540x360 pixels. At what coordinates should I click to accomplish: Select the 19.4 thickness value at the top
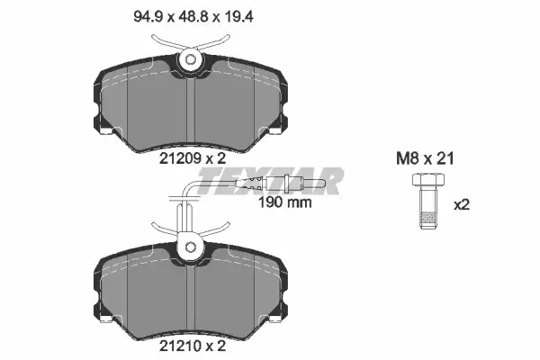[x=239, y=16]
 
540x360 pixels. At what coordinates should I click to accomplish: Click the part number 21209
[x=181, y=158]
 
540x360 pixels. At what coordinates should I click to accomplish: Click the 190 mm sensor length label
[x=285, y=202]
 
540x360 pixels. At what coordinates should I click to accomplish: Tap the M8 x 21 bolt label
[x=425, y=158]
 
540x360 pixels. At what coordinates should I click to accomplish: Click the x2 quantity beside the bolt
[x=462, y=205]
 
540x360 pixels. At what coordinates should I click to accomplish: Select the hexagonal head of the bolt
[x=428, y=179]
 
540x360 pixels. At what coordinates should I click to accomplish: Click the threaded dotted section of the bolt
[x=428, y=218]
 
